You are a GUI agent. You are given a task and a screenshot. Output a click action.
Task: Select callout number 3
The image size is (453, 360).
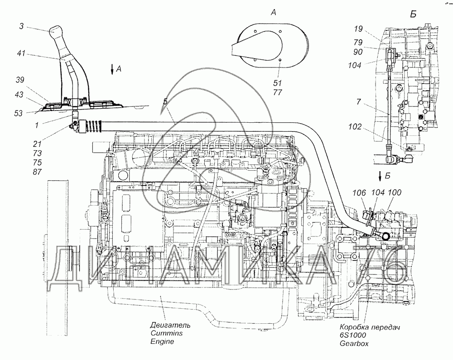point(21,26)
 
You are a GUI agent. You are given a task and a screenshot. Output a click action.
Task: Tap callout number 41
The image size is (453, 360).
point(21,53)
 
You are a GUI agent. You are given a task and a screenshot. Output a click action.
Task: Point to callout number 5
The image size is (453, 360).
point(165,101)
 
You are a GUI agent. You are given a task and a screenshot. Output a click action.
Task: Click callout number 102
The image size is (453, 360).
point(355,127)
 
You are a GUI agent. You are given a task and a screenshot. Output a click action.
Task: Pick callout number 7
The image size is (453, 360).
point(358,101)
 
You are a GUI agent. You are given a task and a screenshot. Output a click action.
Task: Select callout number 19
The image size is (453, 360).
point(358,29)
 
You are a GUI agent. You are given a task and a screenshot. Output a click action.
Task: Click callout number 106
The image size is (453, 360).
point(359,192)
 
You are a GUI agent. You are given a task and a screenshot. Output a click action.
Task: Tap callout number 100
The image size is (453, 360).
point(395,192)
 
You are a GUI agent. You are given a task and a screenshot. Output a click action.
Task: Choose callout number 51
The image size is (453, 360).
point(277,83)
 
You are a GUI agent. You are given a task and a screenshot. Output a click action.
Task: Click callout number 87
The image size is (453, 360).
point(37,172)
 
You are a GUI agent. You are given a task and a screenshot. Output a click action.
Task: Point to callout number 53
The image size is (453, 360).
point(18,113)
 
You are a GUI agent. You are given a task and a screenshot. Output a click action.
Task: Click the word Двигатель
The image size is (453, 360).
point(170,325)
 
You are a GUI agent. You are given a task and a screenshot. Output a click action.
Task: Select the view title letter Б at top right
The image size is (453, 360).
point(413,14)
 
